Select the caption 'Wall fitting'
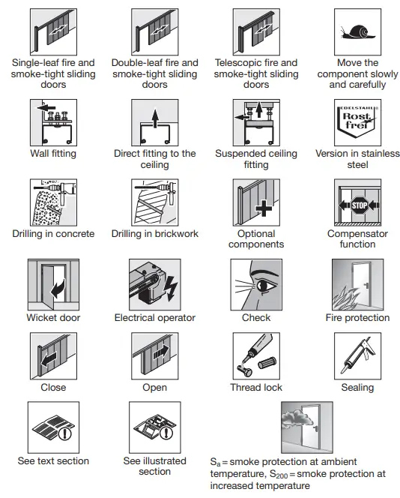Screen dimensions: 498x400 (53, 154)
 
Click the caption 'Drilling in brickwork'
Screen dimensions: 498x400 (155, 234)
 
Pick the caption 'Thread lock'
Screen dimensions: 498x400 (256, 388)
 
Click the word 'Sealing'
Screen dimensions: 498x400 (357, 388)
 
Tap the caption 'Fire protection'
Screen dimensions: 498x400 (357, 318)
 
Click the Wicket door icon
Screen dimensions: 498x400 (52, 283)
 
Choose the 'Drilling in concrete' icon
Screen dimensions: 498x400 (53, 202)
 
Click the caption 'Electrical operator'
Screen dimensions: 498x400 (154, 318)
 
